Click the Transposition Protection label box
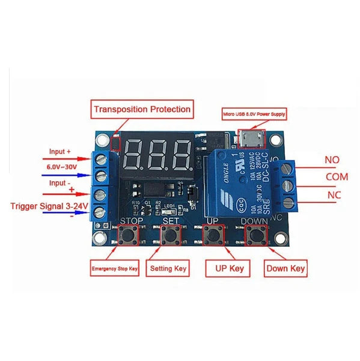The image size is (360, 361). [x=142, y=110]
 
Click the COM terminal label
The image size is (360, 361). [x=337, y=177]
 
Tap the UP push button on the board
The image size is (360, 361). [x=213, y=235]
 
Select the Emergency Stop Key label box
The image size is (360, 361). [x=115, y=269]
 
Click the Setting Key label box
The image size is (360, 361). [x=169, y=268]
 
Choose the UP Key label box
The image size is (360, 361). [x=227, y=268]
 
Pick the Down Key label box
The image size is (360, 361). [x=285, y=268]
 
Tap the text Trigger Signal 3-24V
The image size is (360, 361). [x=50, y=206]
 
